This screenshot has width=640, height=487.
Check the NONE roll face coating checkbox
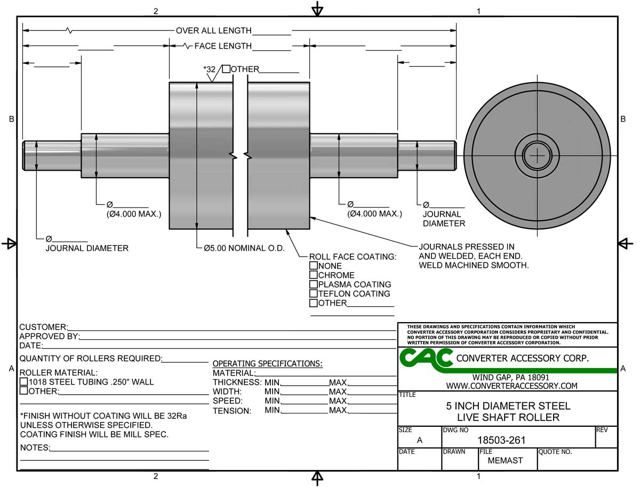[x=314, y=266]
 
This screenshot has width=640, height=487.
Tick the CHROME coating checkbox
[x=314, y=275]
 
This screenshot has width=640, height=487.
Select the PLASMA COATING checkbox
[x=314, y=284]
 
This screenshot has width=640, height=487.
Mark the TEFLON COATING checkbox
[x=314, y=293]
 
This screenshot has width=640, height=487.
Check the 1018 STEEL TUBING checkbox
[x=23, y=382]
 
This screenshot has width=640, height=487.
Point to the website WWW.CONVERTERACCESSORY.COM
[x=511, y=386]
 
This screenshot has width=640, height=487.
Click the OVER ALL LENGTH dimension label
[x=214, y=31]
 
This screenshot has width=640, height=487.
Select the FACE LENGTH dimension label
[x=222, y=46]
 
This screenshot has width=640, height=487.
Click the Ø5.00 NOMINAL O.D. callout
[x=244, y=249]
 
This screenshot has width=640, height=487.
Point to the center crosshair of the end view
[x=538, y=156]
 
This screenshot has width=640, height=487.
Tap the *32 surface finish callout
[x=209, y=69]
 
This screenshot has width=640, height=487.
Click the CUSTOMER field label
[x=43, y=327]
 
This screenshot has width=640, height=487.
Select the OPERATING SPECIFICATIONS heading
[x=267, y=364]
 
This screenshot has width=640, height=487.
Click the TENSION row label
[x=231, y=411]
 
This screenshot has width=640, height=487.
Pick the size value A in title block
[x=419, y=440]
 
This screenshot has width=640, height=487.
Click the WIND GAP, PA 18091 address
[x=511, y=377]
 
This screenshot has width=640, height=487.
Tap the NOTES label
[x=35, y=448]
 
